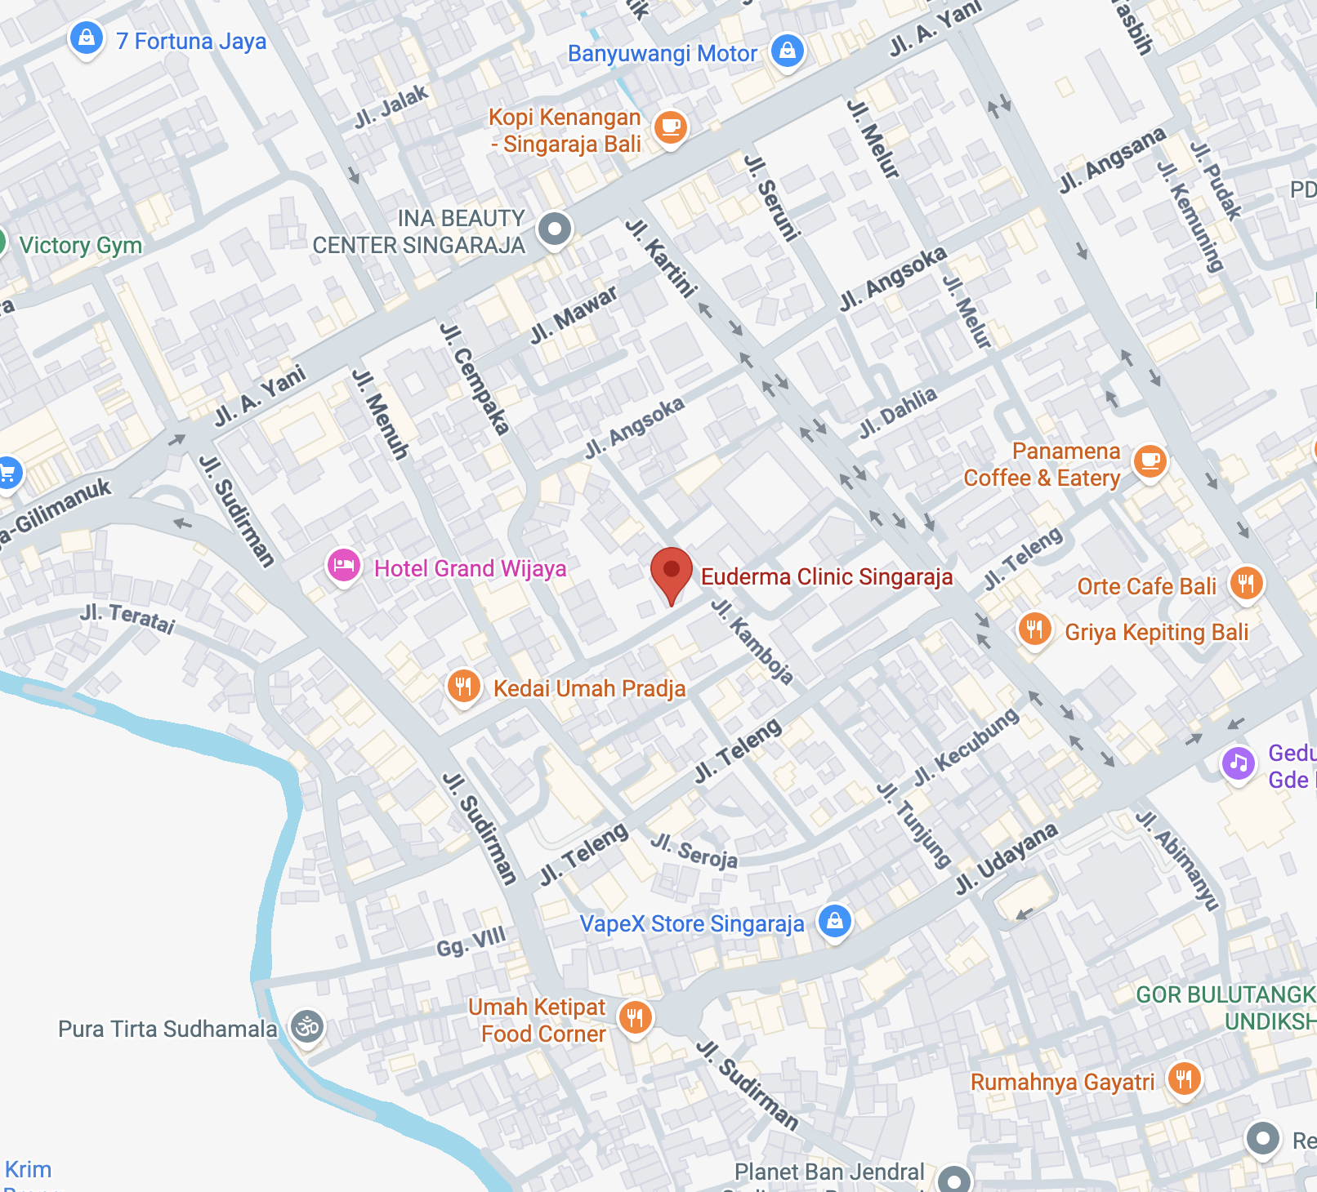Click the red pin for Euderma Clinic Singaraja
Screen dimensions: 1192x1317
click(671, 571)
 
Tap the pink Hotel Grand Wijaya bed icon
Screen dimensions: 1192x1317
click(344, 565)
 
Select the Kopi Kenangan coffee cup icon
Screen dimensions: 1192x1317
click(670, 127)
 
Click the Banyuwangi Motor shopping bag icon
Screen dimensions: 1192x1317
click(787, 51)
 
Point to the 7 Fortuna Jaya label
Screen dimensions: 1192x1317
click(191, 41)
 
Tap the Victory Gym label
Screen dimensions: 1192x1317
click(80, 245)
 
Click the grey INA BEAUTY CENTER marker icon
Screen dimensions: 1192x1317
click(555, 229)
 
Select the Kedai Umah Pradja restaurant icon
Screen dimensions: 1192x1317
click(463, 686)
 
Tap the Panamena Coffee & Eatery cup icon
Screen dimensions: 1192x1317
click(1150, 461)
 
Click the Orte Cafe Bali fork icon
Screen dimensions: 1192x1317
click(1246, 583)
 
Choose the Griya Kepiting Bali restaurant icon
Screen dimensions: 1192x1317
click(1034, 629)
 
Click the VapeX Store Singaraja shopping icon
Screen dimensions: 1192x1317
click(834, 921)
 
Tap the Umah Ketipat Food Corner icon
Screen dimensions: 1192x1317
click(635, 1018)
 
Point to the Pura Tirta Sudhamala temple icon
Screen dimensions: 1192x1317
click(308, 1026)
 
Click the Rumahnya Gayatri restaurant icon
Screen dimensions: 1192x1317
click(1184, 1079)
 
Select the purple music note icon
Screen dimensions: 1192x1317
click(1239, 764)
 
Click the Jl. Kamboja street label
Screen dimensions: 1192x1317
click(752, 641)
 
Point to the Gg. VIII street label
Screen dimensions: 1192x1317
click(471, 941)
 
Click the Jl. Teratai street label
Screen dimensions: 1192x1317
click(128, 619)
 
